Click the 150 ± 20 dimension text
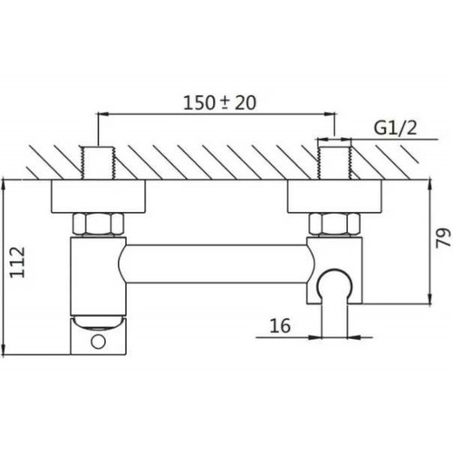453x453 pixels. (x=220, y=102)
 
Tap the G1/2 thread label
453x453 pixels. (x=396, y=128)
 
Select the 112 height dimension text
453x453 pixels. (x=17, y=262)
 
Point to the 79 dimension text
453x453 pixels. (x=443, y=238)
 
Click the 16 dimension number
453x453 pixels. (x=280, y=325)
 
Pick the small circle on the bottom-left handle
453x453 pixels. (x=99, y=342)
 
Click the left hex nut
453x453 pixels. (x=99, y=225)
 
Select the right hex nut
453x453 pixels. (x=334, y=225)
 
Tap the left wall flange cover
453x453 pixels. (x=99, y=197)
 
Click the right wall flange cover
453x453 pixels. (x=334, y=197)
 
